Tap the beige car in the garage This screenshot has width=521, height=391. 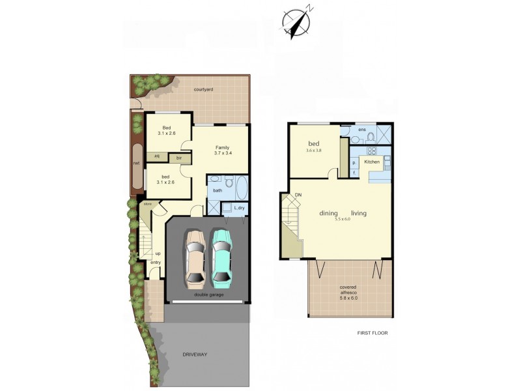pyautogui.click(x=196, y=257)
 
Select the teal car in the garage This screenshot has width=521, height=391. pyautogui.click(x=222, y=257)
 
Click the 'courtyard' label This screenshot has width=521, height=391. pyautogui.click(x=204, y=89)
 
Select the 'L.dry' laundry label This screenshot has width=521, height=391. pyautogui.click(x=237, y=208)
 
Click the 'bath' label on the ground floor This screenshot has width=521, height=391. pyautogui.click(x=218, y=191)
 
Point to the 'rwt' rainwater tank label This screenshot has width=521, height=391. pyautogui.click(x=136, y=163)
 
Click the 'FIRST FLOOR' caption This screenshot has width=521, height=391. pyautogui.click(x=372, y=333)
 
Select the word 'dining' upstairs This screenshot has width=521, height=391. pyautogui.click(x=329, y=213)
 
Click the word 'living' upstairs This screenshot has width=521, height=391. pyautogui.click(x=359, y=213)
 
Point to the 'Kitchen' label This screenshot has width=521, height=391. pyautogui.click(x=372, y=161)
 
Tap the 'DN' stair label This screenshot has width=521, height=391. pyautogui.click(x=298, y=195)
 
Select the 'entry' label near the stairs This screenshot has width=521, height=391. pyautogui.click(x=156, y=262)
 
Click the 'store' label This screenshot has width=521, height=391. pyautogui.click(x=148, y=204)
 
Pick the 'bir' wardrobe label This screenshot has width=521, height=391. pyautogui.click(x=178, y=158)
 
